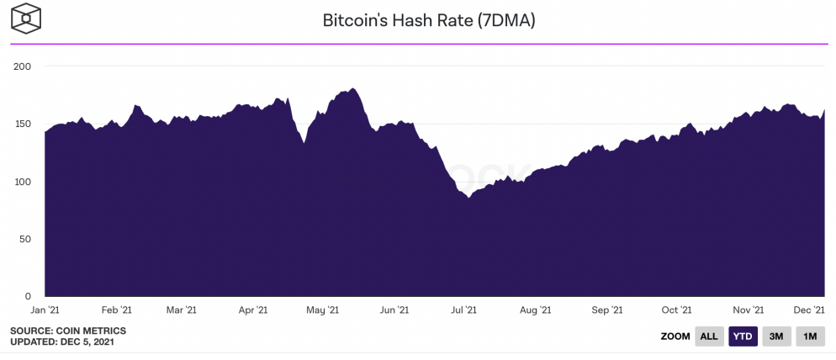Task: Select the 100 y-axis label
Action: click(x=22, y=182)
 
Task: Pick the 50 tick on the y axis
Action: click(x=25, y=239)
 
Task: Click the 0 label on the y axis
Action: click(x=28, y=296)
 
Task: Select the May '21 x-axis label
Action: click(x=322, y=310)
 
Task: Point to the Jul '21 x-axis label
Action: click(x=463, y=310)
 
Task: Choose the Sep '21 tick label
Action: click(x=606, y=310)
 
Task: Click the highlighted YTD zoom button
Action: click(x=743, y=336)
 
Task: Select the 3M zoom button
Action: click(x=776, y=336)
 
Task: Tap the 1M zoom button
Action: click(x=810, y=336)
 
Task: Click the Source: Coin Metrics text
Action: click(x=56, y=331)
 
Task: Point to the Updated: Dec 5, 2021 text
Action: click(x=62, y=342)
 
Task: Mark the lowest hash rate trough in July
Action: click(x=468, y=198)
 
